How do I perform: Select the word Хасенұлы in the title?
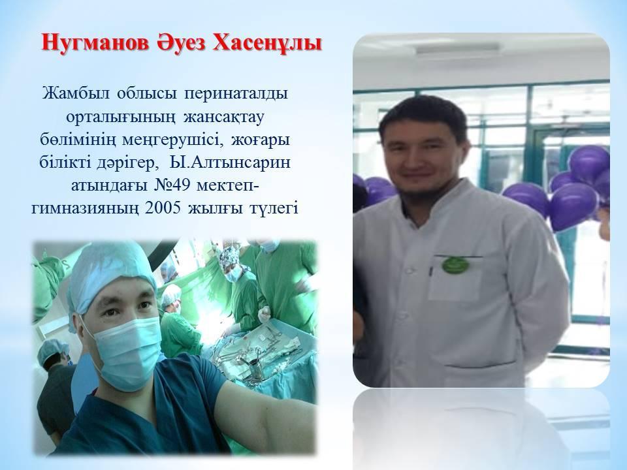point(266,44)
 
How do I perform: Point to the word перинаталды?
point(236,94)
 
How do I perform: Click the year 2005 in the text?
point(163,209)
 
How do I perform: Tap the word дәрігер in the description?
point(129,163)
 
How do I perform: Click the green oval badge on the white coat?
point(455,264)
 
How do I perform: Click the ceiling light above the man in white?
point(457,49)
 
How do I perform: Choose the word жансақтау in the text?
point(224,117)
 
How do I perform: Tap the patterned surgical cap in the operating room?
point(228,256)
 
